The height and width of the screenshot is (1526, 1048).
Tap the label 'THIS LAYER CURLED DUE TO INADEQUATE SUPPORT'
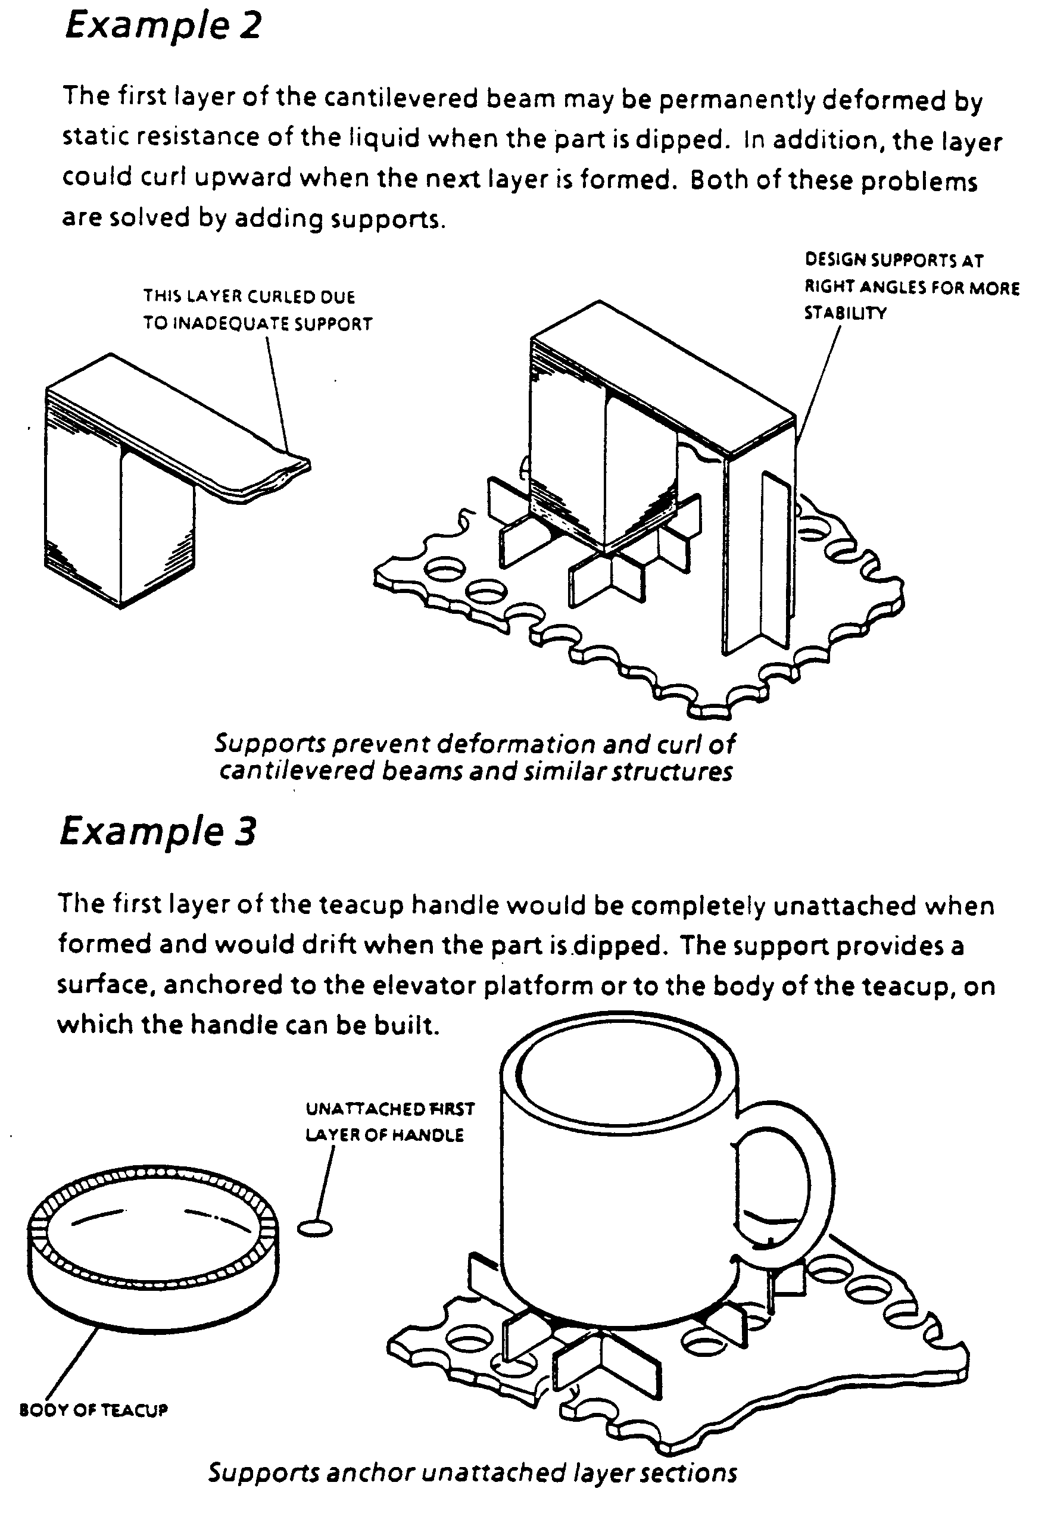point(258,310)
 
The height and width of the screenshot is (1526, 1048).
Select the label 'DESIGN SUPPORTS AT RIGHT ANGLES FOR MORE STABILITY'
point(912,286)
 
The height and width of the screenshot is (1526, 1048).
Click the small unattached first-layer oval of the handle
point(314,1228)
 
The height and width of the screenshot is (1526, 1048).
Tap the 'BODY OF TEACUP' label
point(94,1410)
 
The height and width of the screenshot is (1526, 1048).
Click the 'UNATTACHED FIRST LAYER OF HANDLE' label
point(390,1122)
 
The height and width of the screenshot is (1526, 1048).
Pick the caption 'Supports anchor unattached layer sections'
point(473,1472)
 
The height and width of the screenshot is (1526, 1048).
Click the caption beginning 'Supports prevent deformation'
point(475,757)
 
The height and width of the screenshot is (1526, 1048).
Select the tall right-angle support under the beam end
point(760,551)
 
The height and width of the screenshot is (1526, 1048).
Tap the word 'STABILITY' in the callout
point(845,313)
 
